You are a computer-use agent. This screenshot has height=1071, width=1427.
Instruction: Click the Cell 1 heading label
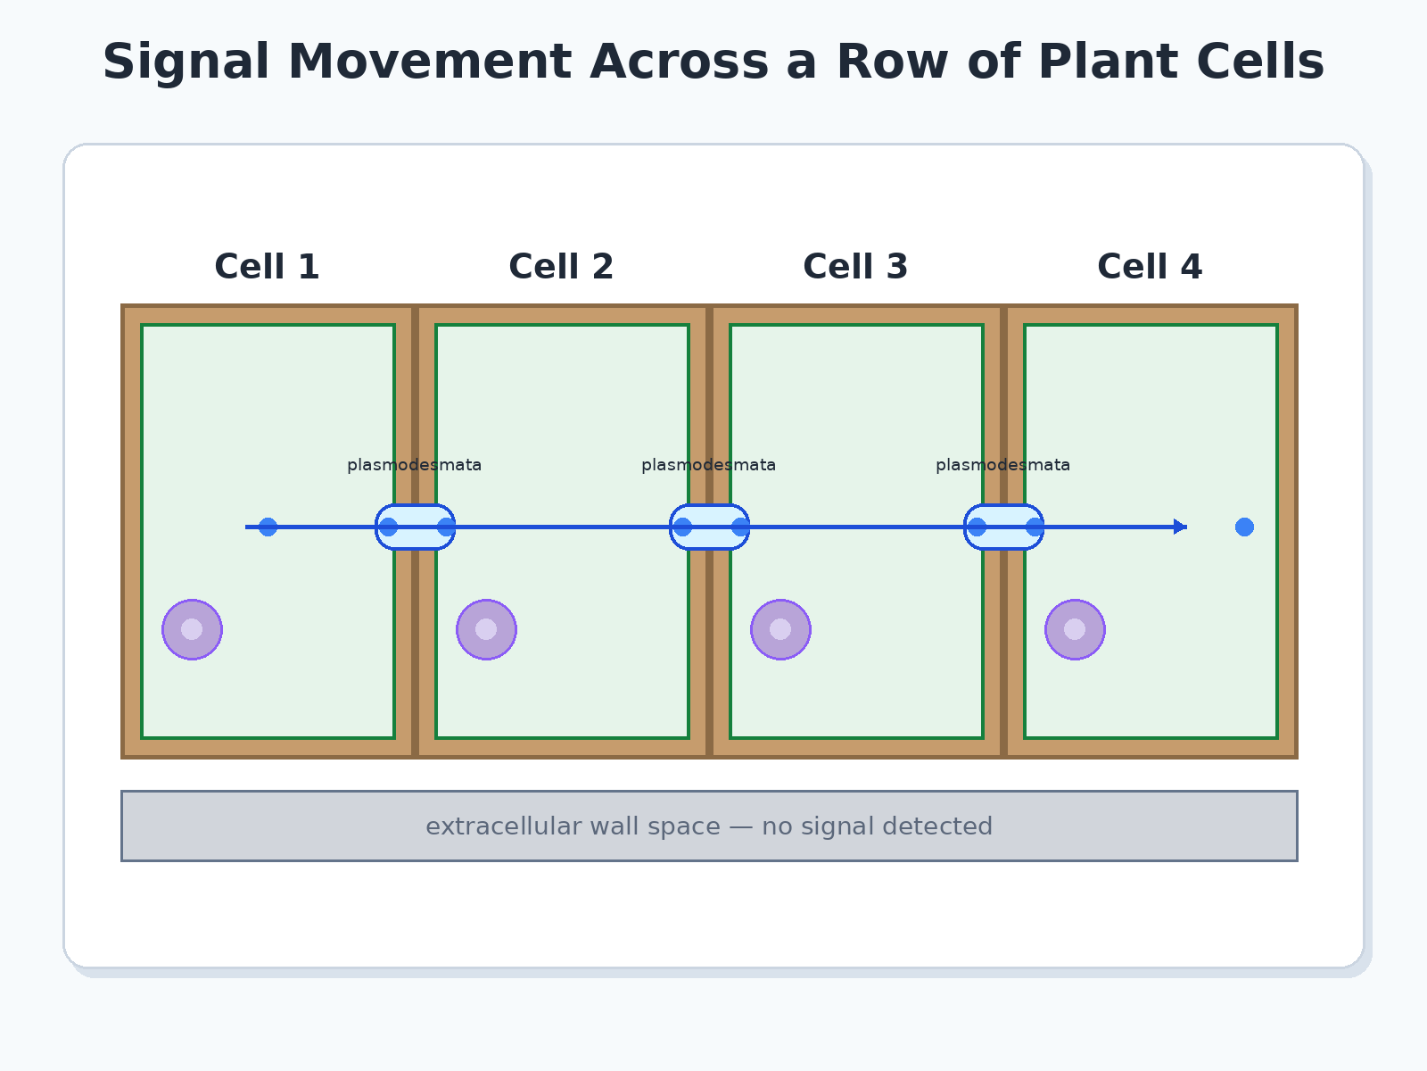pos(267,267)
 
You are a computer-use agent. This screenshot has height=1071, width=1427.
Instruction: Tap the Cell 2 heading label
pos(561,267)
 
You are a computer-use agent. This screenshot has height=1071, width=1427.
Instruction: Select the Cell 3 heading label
pos(855,267)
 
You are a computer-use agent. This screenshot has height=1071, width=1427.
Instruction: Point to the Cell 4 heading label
pos(1150,267)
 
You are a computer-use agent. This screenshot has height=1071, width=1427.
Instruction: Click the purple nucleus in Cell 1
pos(192,629)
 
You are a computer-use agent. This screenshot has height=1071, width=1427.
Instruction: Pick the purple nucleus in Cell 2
pos(486,629)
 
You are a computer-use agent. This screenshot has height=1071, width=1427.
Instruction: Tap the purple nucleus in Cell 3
pos(780,629)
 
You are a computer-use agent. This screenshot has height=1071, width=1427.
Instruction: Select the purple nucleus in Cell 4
pos(1076,629)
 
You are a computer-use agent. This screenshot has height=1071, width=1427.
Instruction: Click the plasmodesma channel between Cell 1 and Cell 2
pos(415,527)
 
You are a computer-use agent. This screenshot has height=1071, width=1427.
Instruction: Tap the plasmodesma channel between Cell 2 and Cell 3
pos(709,527)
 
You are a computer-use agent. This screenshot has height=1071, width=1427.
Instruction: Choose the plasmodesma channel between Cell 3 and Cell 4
pos(1003,527)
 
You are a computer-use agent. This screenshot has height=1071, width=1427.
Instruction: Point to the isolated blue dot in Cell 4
pos(1244,527)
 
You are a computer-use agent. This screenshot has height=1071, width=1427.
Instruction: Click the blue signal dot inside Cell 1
pos(268,527)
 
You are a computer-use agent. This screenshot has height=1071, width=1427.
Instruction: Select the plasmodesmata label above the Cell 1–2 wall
pos(414,466)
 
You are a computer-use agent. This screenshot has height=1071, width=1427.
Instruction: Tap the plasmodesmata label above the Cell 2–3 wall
pos(709,466)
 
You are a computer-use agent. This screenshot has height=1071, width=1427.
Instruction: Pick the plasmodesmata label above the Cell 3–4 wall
pos(1003,466)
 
